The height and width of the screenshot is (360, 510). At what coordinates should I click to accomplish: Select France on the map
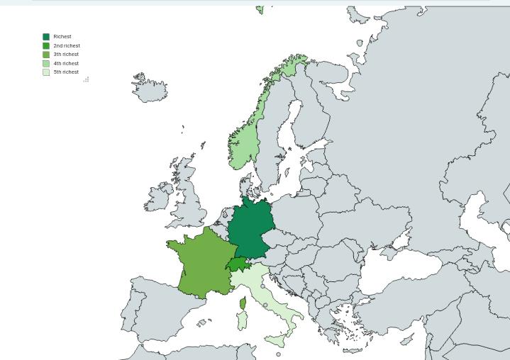(204, 261)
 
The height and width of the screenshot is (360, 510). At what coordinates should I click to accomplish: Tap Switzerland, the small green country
(238, 264)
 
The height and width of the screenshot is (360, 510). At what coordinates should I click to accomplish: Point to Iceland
(150, 89)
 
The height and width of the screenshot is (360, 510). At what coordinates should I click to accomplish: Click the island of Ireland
(157, 201)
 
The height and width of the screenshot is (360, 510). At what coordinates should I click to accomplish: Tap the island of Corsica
(243, 304)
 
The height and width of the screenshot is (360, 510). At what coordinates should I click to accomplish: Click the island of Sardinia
(240, 320)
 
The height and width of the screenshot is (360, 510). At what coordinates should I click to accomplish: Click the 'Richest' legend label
(62, 37)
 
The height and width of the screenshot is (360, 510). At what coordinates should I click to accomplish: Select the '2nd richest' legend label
(67, 45)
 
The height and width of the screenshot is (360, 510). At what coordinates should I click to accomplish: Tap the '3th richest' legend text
(66, 55)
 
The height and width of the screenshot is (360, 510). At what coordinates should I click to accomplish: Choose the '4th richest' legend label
(66, 63)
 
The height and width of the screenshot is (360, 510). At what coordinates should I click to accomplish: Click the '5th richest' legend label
(66, 72)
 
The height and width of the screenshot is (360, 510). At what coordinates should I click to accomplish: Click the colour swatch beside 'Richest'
(46, 37)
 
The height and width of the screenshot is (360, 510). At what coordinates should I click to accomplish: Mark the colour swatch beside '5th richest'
(46, 72)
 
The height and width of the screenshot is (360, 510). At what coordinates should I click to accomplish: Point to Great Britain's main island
(188, 206)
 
